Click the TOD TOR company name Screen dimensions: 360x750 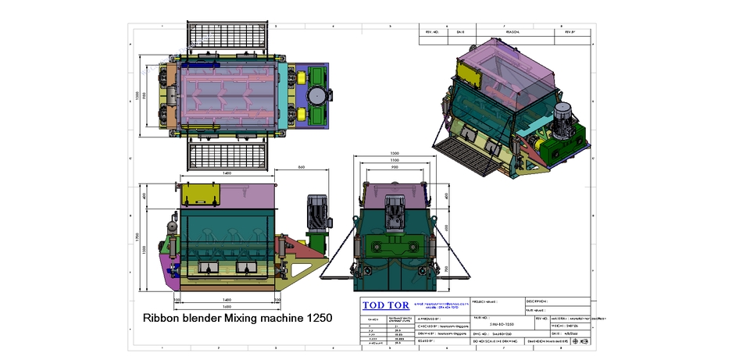386,305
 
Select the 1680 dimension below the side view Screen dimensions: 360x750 227,307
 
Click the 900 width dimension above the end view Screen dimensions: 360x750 395,166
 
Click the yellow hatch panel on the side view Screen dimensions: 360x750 200,195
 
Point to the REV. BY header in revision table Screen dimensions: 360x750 569,33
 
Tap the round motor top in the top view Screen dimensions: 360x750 317,95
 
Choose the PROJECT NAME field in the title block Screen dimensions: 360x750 497,300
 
